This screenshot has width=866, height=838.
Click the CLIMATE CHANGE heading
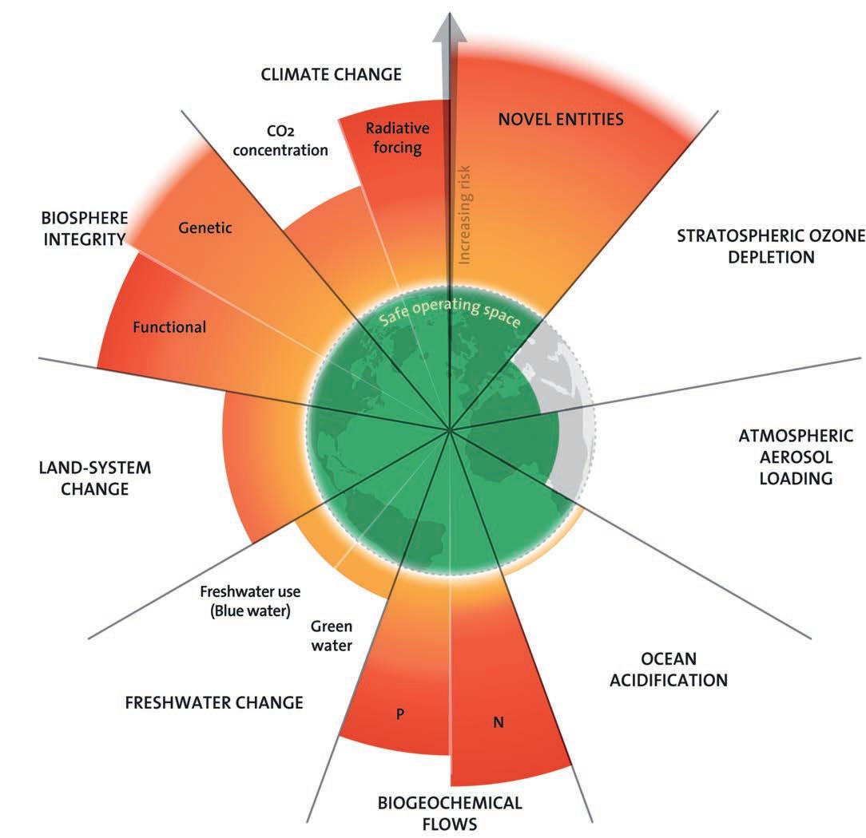(331, 75)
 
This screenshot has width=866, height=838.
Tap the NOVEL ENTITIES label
(560, 120)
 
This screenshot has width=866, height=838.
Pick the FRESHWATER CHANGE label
(214, 703)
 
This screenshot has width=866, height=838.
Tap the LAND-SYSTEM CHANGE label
(94, 477)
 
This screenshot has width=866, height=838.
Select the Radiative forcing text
(397, 138)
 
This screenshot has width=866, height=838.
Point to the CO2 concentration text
(298, 139)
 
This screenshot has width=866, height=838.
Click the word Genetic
(205, 228)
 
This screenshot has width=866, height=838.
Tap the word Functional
(169, 326)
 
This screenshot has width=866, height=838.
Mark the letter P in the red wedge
(400, 713)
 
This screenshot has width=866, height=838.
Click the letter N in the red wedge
(498, 723)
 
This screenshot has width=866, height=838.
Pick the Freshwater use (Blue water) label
(244, 602)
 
